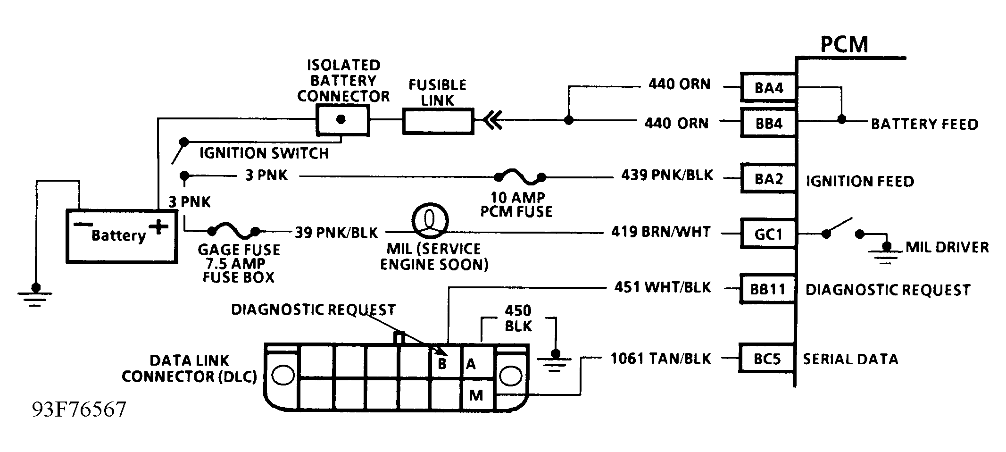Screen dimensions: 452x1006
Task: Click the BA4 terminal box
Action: pyautogui.click(x=768, y=87)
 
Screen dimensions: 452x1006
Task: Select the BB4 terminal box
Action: pyautogui.click(x=768, y=123)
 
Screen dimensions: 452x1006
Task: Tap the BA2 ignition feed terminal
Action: pyautogui.click(x=768, y=179)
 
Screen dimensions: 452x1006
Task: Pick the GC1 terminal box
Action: pyautogui.click(x=768, y=234)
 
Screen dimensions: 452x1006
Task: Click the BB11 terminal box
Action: pyautogui.click(x=767, y=289)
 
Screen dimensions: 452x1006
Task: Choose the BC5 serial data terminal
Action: pyautogui.click(x=767, y=359)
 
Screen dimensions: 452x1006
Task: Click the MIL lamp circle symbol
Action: pyautogui.click(x=430, y=220)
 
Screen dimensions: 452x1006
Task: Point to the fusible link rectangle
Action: pyautogui.click(x=438, y=121)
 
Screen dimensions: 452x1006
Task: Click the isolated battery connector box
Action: pyautogui.click(x=342, y=119)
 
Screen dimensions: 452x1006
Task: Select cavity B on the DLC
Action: pyautogui.click(x=442, y=364)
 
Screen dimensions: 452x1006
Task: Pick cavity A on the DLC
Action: pyautogui.click(x=471, y=364)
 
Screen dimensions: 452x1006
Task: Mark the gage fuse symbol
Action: pyautogui.click(x=233, y=231)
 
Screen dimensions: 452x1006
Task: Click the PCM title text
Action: pyautogui.click(x=844, y=44)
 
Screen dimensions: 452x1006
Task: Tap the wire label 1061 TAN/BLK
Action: pyautogui.click(x=660, y=359)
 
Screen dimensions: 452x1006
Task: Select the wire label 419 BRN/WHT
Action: pyautogui.click(x=660, y=232)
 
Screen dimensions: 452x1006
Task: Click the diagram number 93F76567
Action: pyautogui.click(x=79, y=410)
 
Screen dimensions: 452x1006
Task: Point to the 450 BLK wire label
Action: pyautogui.click(x=518, y=318)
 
